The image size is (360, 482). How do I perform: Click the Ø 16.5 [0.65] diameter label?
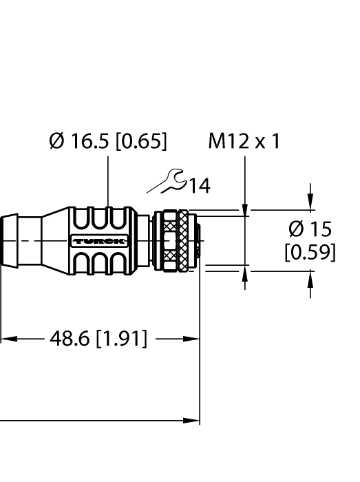(x=107, y=142)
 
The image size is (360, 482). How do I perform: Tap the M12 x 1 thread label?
(x=244, y=142)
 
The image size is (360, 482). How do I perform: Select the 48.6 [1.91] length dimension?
(x=97, y=339)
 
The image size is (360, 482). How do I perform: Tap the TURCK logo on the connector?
(x=98, y=241)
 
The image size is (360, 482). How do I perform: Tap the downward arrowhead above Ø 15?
(x=311, y=203)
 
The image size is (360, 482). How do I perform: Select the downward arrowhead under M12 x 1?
(x=246, y=204)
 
